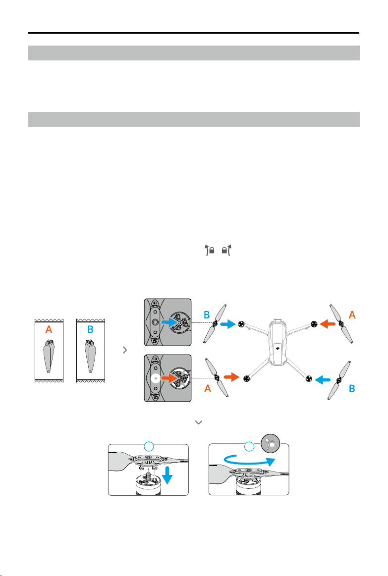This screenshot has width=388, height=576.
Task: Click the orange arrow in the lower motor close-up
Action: [x=169, y=379]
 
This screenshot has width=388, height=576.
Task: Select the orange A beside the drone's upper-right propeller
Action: [x=352, y=314]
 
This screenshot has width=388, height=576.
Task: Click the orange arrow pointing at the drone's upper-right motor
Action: [x=328, y=324]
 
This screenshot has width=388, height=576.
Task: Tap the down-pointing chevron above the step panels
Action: [x=199, y=422]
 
